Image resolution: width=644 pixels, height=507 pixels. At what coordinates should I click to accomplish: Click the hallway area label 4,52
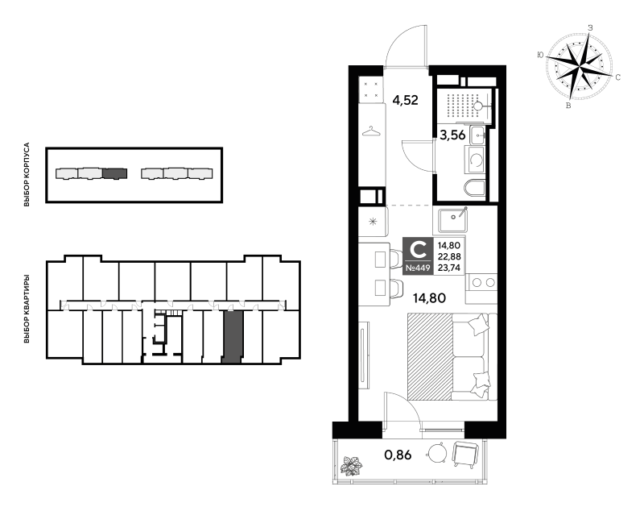(405, 100)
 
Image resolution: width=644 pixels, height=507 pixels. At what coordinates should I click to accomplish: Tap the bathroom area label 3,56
(452, 135)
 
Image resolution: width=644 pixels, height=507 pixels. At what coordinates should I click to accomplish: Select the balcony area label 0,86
(398, 455)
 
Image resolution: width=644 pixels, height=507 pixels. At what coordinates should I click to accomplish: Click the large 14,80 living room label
(429, 297)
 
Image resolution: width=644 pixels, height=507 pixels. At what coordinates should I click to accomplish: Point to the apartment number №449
(418, 268)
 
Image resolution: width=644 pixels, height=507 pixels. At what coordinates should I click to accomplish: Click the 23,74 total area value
(449, 268)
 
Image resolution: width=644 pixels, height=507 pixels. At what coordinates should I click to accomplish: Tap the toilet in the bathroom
(475, 189)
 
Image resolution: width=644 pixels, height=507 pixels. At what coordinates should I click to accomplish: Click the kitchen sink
(452, 219)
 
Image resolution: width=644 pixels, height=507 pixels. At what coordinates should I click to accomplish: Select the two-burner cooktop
(482, 282)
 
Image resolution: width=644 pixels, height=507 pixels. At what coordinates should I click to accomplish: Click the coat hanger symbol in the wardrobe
(371, 131)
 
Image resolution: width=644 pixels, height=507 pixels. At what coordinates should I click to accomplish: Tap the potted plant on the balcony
(351, 465)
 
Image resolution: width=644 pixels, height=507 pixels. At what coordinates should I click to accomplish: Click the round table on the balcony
(436, 453)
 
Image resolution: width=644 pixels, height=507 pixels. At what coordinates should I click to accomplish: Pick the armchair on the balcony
(466, 454)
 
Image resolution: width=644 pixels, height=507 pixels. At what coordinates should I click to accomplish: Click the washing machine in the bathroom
(475, 160)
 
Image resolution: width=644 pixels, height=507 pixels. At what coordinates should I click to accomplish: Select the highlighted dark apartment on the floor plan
(233, 337)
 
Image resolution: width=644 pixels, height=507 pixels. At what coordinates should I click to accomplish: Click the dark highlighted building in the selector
(115, 173)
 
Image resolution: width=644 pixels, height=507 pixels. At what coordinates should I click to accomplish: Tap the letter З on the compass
(591, 28)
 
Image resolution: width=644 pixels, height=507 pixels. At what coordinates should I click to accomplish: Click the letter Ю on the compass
(540, 55)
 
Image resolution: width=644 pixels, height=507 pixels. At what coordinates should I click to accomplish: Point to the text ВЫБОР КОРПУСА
(27, 174)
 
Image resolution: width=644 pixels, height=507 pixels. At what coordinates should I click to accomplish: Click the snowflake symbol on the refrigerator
(372, 222)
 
